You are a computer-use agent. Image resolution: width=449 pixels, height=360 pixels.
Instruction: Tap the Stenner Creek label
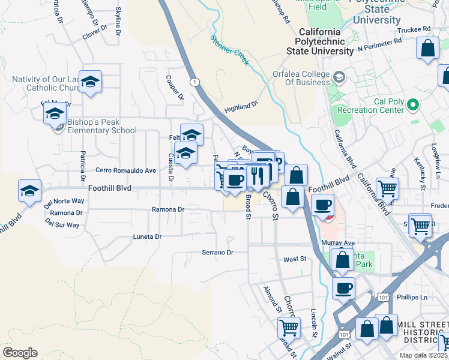tap(229, 49)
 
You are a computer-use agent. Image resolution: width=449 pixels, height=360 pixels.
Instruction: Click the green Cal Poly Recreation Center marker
tap(412, 106)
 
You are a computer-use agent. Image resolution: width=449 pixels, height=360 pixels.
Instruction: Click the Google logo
tap(20, 353)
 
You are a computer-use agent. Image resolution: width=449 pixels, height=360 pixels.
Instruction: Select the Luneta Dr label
tap(147, 237)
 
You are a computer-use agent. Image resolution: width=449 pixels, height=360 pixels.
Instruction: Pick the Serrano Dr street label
tap(217, 253)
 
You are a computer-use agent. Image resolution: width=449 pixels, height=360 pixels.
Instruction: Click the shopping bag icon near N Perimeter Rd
tap(428, 50)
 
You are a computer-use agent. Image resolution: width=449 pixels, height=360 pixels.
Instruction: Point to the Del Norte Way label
tap(64, 201)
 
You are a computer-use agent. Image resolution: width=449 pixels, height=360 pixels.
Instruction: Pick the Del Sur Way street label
tap(62, 225)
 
